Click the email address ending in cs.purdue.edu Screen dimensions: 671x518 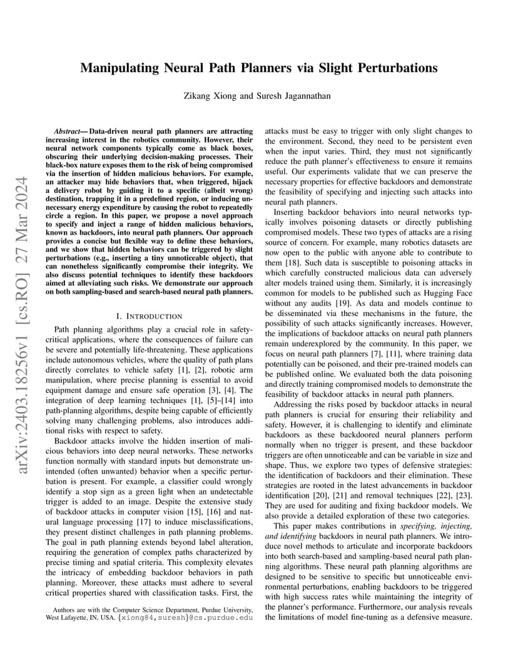[x=185, y=618]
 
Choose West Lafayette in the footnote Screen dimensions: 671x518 [x=71, y=618]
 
